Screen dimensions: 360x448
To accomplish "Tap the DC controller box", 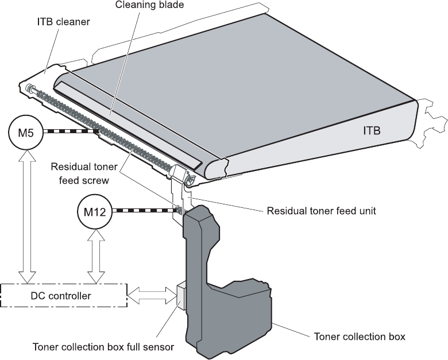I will pyautogui.click(x=60, y=296).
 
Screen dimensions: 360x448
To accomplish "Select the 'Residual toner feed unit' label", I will pyautogui.click(x=321, y=211).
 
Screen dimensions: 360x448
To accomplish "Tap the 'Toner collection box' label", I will pyautogui.click(x=359, y=336).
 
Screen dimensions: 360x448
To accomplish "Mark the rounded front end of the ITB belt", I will pyautogui.click(x=214, y=168).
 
